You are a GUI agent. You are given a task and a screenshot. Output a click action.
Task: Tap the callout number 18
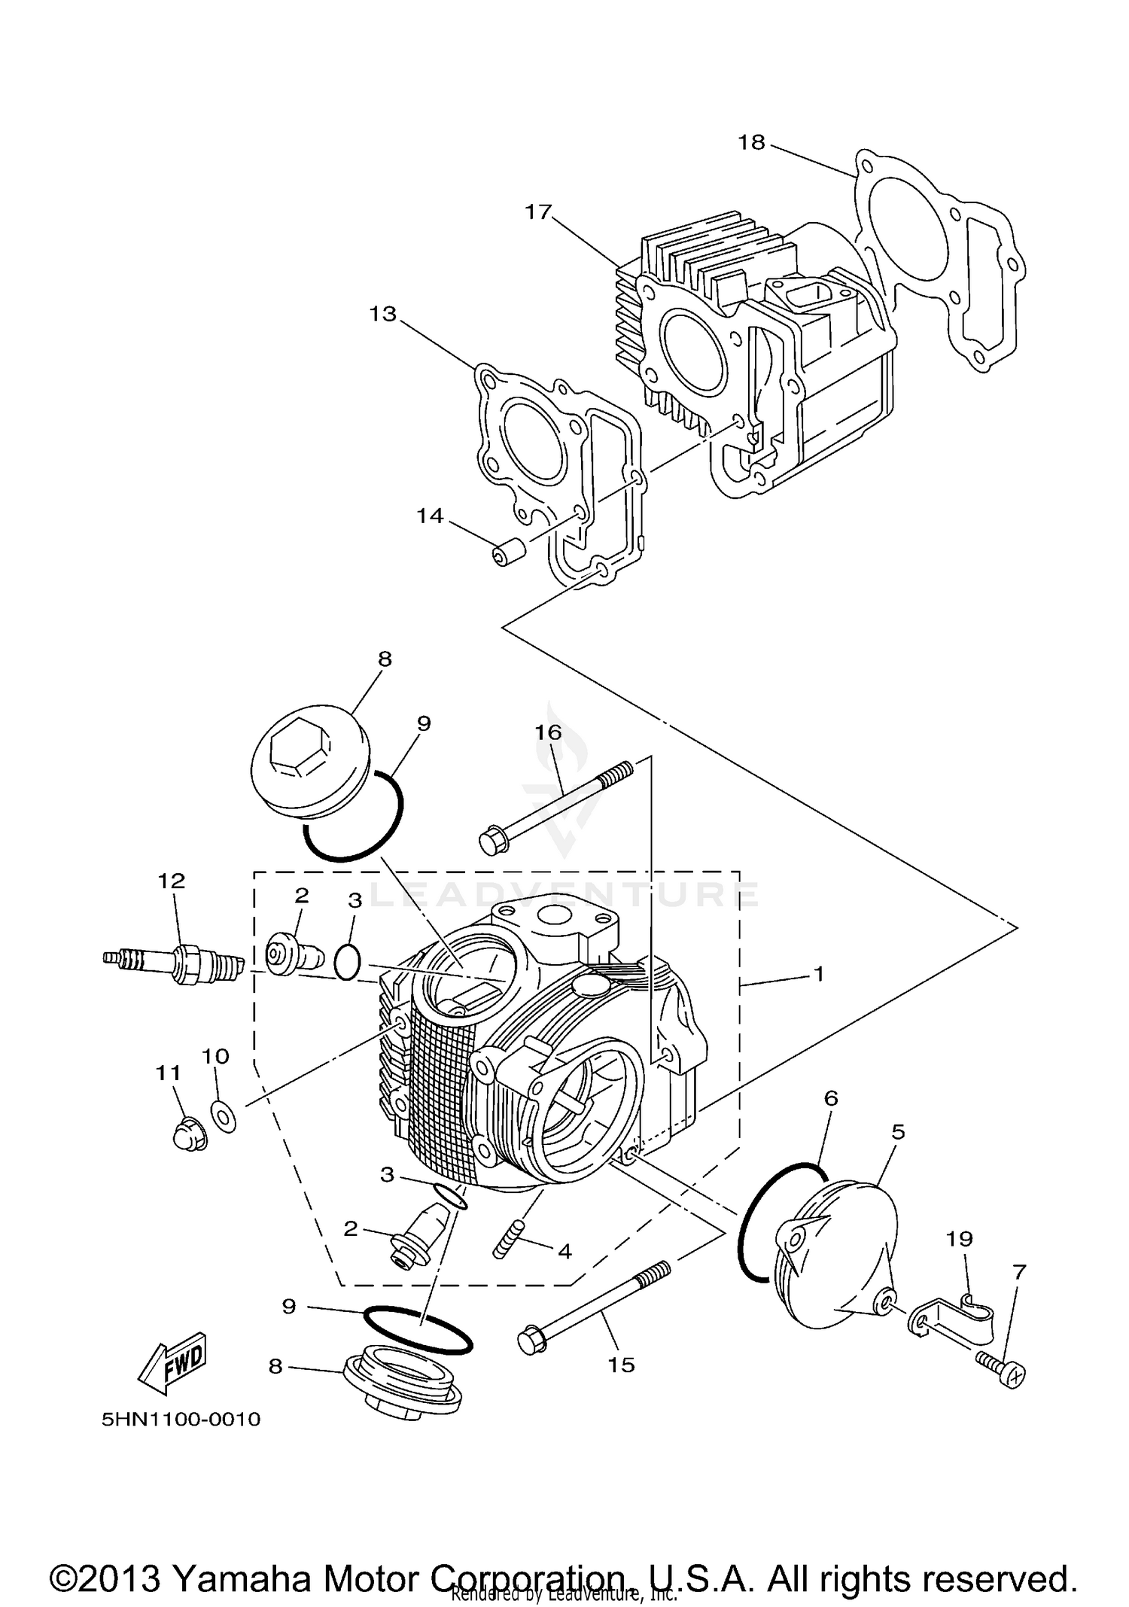pos(750,142)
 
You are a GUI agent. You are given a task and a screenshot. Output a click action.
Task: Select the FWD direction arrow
pos(172,1363)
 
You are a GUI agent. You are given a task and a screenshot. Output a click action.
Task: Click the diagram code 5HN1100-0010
pos(181,1420)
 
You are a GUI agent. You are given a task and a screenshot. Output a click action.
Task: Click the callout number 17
pos(538,212)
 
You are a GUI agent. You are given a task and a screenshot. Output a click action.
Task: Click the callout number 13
pos(382,314)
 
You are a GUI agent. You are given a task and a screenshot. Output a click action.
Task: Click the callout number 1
pos(818,974)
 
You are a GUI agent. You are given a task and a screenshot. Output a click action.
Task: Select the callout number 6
pos(830,1098)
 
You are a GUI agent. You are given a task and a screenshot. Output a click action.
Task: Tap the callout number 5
pos(898,1131)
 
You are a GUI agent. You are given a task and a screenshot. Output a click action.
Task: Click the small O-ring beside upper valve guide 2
pos(347,963)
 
